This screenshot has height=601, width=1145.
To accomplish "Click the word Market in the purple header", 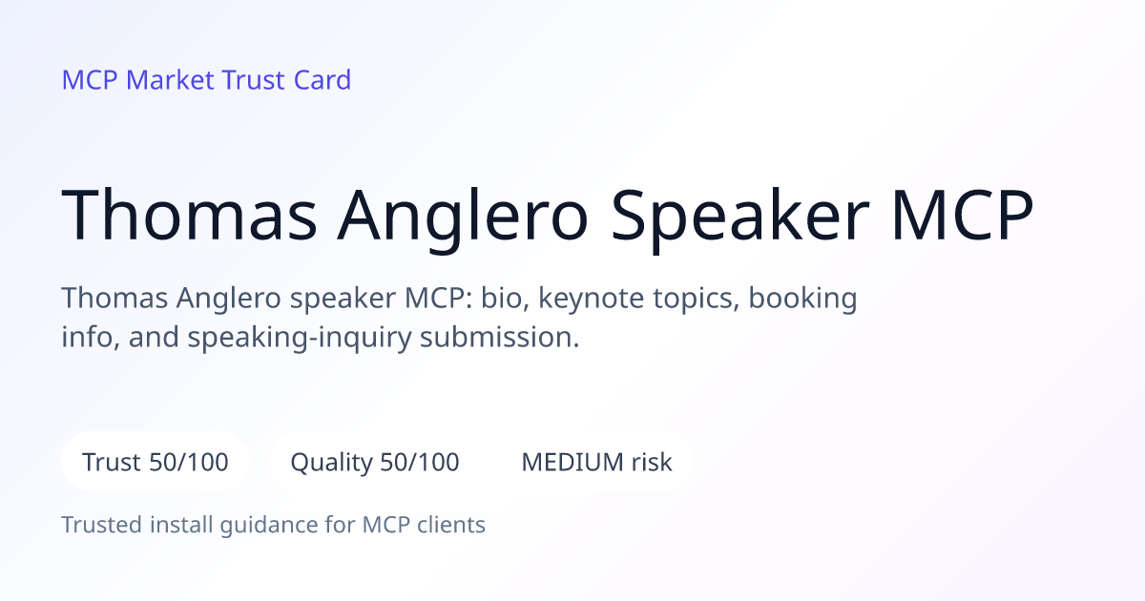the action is (x=170, y=80).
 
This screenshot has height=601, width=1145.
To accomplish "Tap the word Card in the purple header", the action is (x=323, y=80).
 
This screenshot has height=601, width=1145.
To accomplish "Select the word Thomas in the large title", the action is (x=189, y=215).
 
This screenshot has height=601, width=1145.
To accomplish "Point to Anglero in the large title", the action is (x=462, y=218).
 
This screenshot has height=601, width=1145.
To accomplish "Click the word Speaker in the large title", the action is (x=739, y=218).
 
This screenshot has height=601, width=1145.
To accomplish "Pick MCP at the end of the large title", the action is (x=963, y=215).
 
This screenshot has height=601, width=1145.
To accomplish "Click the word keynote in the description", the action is (x=592, y=300).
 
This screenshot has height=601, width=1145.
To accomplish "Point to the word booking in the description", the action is (x=802, y=300).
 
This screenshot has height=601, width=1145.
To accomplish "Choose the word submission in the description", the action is (x=499, y=338).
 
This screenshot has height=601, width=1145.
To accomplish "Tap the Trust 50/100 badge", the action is (x=156, y=462).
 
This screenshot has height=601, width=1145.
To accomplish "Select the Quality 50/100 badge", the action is (x=375, y=462).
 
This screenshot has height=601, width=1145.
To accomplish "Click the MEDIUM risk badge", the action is (x=596, y=462).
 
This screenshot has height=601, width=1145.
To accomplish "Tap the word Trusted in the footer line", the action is (x=102, y=525).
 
